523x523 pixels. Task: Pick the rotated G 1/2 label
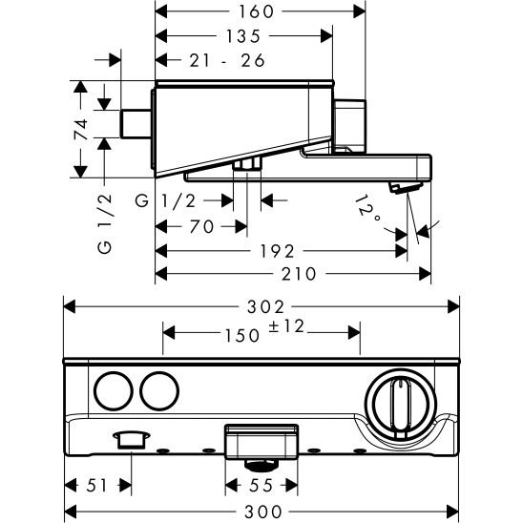[106, 222]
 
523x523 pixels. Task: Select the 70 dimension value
[199, 226]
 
